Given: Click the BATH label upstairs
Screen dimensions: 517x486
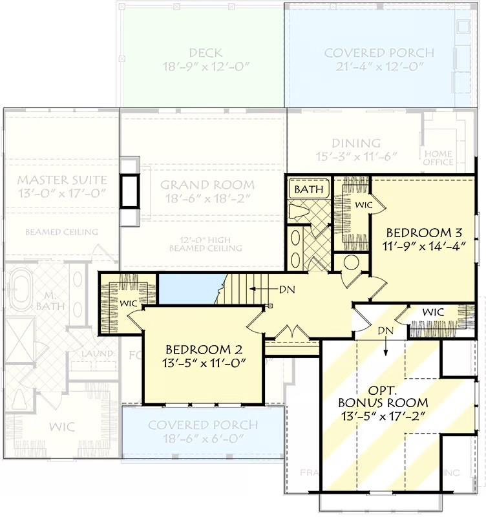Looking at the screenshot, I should point(308,190).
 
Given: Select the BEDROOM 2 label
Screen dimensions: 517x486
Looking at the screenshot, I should point(204,349).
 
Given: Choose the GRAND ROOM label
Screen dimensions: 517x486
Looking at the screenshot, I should point(207,185).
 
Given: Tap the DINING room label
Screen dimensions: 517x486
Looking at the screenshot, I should point(356,143).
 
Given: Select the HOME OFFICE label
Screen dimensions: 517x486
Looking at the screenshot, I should point(438,158).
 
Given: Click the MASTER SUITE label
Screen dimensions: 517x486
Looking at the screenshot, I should point(61,179).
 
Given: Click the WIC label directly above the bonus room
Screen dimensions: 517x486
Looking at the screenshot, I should point(433,312).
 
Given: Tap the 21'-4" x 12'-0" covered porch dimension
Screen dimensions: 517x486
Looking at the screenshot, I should point(379,67).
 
